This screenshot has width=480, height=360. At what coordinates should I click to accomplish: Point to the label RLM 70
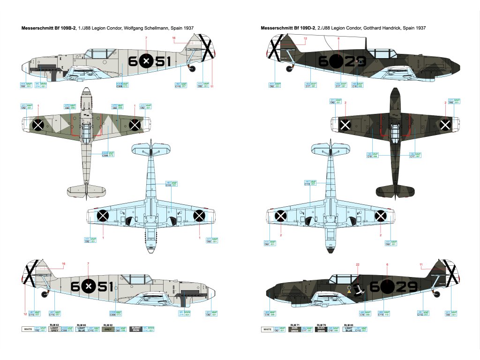click(x=321, y=324)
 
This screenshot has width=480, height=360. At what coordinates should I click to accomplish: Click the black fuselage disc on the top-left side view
click(x=146, y=61)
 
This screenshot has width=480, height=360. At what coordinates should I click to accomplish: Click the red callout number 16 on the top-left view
click(x=174, y=38)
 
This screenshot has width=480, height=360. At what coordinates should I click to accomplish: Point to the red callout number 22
click(x=357, y=265)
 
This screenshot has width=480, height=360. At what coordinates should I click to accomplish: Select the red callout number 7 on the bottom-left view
click(x=88, y=264)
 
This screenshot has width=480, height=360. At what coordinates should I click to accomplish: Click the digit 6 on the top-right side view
click(x=324, y=61)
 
